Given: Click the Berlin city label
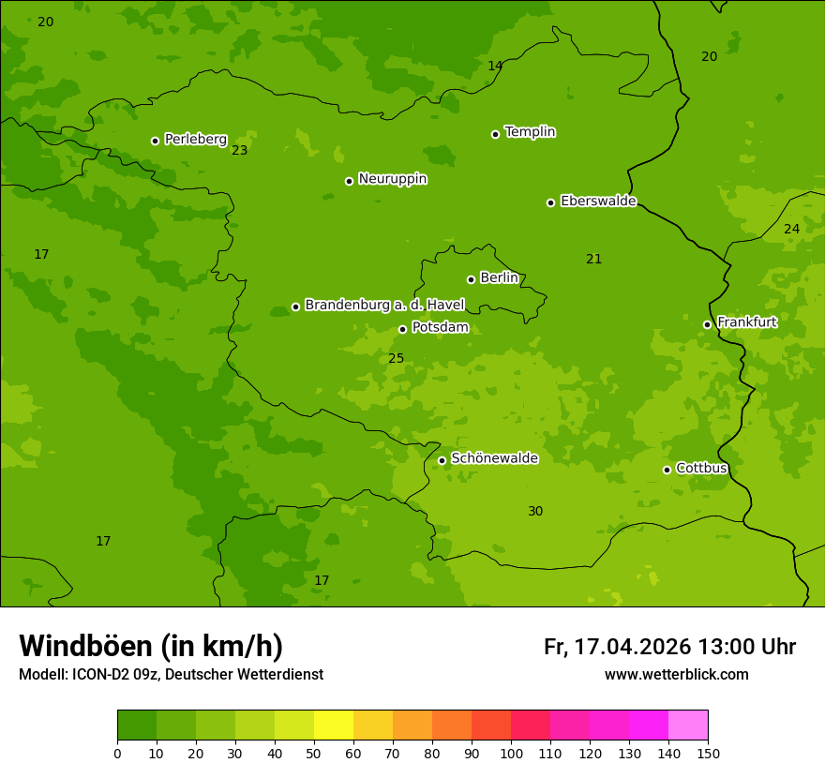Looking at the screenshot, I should coord(499,277).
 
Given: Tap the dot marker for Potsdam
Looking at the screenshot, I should coord(403,329).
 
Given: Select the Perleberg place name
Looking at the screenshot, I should coord(196,139).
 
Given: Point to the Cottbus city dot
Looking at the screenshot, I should coord(667,470).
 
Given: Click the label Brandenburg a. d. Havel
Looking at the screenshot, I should coord(384,305).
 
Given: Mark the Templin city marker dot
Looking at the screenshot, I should coord(495,134).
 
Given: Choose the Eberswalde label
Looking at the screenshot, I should coord(598,201).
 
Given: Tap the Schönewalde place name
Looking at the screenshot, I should coord(494,458).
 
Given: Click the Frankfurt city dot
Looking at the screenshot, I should coord(707,324).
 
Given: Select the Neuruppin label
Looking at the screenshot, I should coord(392,179).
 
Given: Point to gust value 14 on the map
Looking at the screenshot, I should coord(495,66).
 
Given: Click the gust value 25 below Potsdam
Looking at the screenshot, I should coord(396,358).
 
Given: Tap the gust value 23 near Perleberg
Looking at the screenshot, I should coord(240,150).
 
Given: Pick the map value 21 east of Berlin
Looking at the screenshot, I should coord(593,259).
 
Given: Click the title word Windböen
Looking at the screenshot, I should coord(84,646).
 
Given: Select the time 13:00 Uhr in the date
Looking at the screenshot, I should coord(746,647).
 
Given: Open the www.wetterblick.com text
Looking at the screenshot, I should coord(676,674).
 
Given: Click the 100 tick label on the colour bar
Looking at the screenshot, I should coord(511,753).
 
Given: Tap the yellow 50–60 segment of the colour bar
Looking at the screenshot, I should coord(334,726).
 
